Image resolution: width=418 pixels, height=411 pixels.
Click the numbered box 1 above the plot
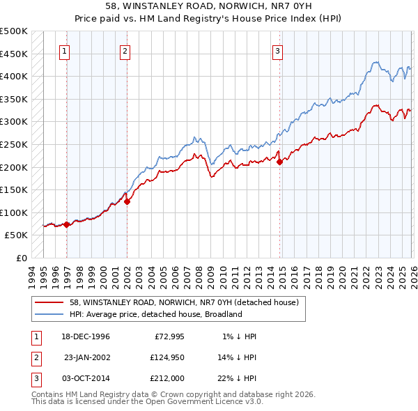coord(65,50)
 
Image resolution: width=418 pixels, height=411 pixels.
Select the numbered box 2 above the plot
coord(125,50)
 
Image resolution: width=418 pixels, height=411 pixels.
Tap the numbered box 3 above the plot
coord(277,50)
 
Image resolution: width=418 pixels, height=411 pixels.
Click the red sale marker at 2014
coord(279,162)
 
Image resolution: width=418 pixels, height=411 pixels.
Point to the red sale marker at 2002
coord(127,201)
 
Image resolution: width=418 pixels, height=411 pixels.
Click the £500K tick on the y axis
coord(13,31)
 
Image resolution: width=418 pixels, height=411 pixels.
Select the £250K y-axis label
coord(13,144)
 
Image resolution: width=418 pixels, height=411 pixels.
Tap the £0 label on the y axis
coord(22,258)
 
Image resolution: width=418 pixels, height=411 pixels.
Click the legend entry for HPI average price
coord(155,314)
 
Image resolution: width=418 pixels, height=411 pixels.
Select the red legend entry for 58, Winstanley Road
coord(184,302)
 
